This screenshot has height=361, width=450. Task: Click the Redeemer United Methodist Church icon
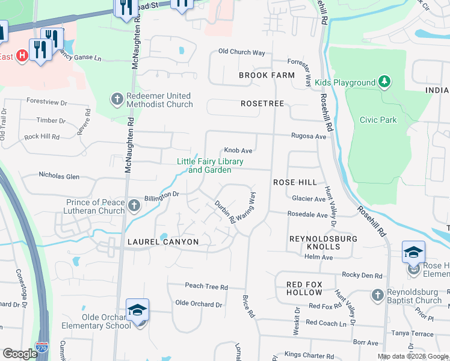(x=117, y=98)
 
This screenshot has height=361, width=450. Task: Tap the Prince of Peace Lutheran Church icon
(x=134, y=206)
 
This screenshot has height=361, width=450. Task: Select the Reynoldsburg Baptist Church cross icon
(x=377, y=295)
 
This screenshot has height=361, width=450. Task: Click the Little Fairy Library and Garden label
(x=210, y=165)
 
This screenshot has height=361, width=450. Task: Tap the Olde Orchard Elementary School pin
(x=137, y=312)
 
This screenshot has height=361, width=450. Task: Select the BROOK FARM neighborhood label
(x=267, y=75)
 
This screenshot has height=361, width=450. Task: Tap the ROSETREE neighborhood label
(x=262, y=103)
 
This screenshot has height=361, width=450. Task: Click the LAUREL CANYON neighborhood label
(x=162, y=241)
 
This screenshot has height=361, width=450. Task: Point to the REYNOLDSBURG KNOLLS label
(x=323, y=243)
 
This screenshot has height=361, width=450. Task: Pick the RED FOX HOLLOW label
(x=304, y=288)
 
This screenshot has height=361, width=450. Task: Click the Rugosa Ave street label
(x=309, y=137)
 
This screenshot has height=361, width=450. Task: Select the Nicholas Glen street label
(x=59, y=176)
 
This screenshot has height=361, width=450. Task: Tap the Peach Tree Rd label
(x=206, y=286)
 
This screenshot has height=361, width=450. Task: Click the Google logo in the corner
(x=20, y=353)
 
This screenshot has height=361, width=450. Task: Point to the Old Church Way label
(x=241, y=52)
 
